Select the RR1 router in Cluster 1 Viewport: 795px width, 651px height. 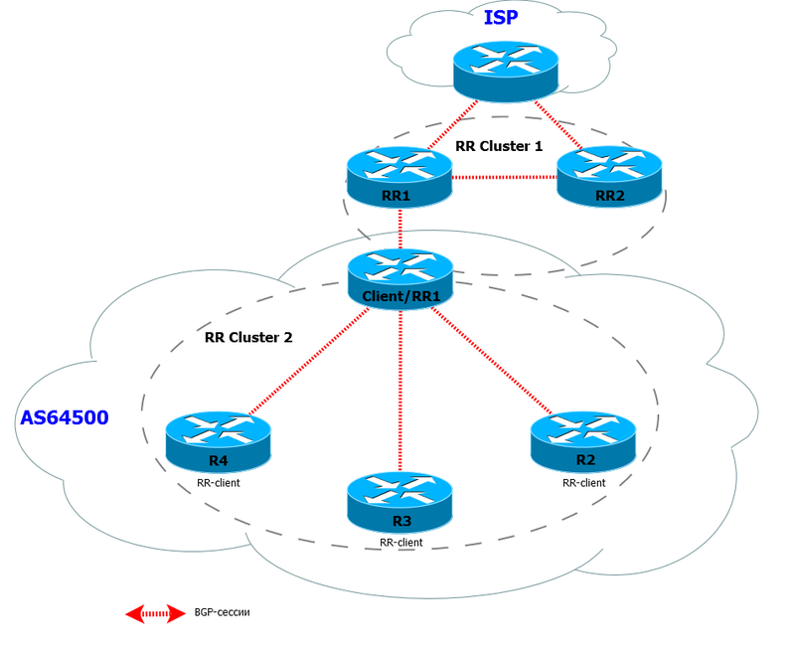(x=397, y=178)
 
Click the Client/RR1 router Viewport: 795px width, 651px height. (x=399, y=278)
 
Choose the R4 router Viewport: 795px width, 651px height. (x=218, y=444)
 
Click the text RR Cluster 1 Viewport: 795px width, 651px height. (x=499, y=145)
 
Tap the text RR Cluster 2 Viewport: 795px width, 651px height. (x=248, y=337)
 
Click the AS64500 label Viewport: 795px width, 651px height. (x=65, y=417)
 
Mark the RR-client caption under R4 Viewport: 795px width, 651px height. (x=219, y=484)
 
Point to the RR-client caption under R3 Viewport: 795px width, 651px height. (x=400, y=543)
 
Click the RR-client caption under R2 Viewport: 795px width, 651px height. (x=583, y=482)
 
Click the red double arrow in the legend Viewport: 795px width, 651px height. (x=155, y=613)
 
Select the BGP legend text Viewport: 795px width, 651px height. (x=223, y=613)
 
